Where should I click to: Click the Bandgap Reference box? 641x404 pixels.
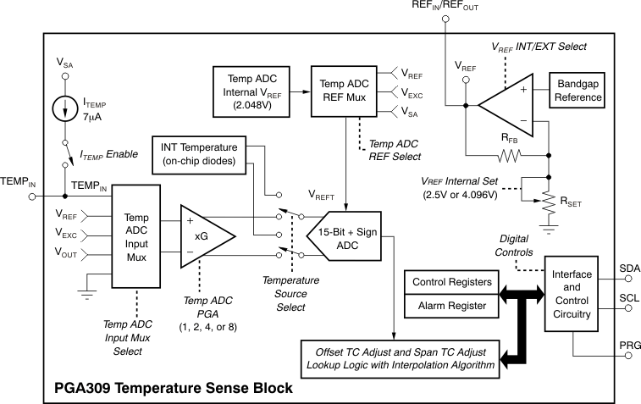[x=578, y=91]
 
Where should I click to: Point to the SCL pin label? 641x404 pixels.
[x=631, y=300]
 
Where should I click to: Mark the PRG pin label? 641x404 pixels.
[x=631, y=346]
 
